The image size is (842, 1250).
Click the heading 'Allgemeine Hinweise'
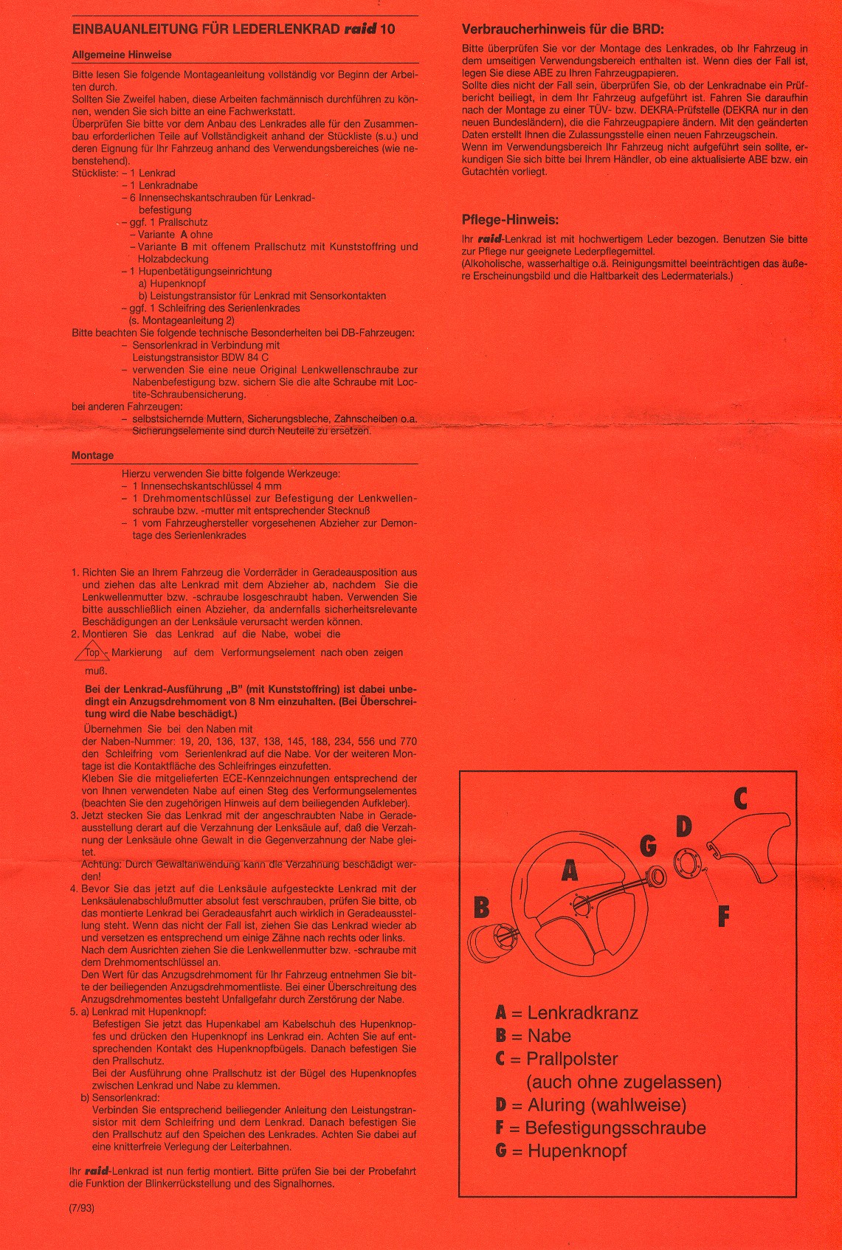tap(122, 55)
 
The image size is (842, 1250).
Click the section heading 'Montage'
tap(92, 455)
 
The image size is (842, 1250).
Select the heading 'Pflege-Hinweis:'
tap(510, 219)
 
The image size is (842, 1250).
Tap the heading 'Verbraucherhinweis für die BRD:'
tap(562, 30)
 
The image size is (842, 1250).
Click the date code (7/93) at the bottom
tap(82, 1208)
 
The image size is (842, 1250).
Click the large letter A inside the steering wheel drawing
tap(569, 871)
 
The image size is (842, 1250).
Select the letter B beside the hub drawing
tap(481, 906)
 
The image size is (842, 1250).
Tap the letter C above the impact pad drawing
tap(740, 798)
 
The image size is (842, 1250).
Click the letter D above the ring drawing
tap(684, 826)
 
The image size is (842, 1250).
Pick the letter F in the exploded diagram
tap(723, 916)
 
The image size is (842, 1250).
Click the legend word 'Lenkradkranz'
tap(582, 1013)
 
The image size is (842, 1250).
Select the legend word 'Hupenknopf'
tap(577, 1150)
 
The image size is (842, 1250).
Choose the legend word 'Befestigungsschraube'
tap(615, 1128)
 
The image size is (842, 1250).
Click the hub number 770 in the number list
tap(408, 742)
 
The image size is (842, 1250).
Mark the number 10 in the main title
tap(388, 30)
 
